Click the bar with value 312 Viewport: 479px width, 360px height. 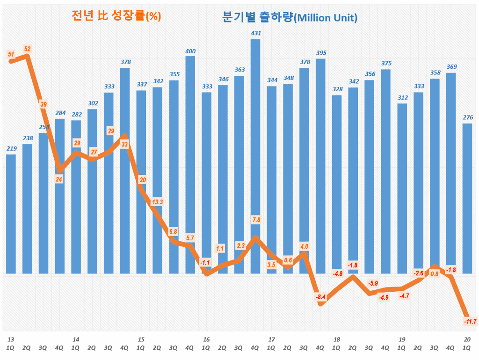[402, 187]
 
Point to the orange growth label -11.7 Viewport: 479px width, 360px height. [470, 321]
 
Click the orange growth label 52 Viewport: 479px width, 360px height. [27, 49]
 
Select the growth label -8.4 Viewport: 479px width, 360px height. [320, 296]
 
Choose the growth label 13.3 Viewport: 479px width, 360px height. [158, 202]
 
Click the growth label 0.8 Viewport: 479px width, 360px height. [434, 274]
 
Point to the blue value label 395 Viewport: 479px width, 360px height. [321, 53]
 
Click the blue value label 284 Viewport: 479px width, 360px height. [59, 113]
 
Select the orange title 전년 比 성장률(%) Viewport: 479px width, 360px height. [116, 16]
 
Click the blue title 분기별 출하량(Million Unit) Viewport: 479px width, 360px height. [290, 18]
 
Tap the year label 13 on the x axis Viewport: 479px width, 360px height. [10, 339]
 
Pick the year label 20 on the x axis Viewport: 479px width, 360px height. [467, 339]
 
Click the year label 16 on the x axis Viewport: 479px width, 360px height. [206, 339]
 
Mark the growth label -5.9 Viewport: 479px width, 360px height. [373, 283]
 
